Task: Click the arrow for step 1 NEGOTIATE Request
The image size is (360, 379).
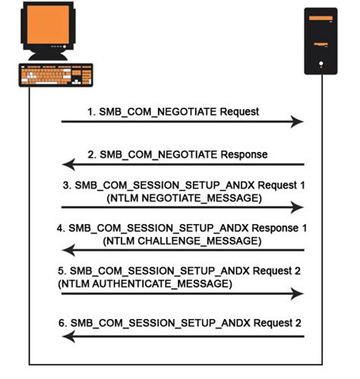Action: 182,122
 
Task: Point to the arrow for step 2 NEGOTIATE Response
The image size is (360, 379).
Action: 182,164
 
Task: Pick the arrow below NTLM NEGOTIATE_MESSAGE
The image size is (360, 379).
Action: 182,207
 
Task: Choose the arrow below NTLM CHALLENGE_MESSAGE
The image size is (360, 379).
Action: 182,250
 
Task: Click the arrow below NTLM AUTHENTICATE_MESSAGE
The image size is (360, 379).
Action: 182,292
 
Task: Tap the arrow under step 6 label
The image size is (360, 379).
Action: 182,335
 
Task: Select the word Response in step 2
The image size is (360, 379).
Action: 242,153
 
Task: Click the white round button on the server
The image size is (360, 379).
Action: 321,63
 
